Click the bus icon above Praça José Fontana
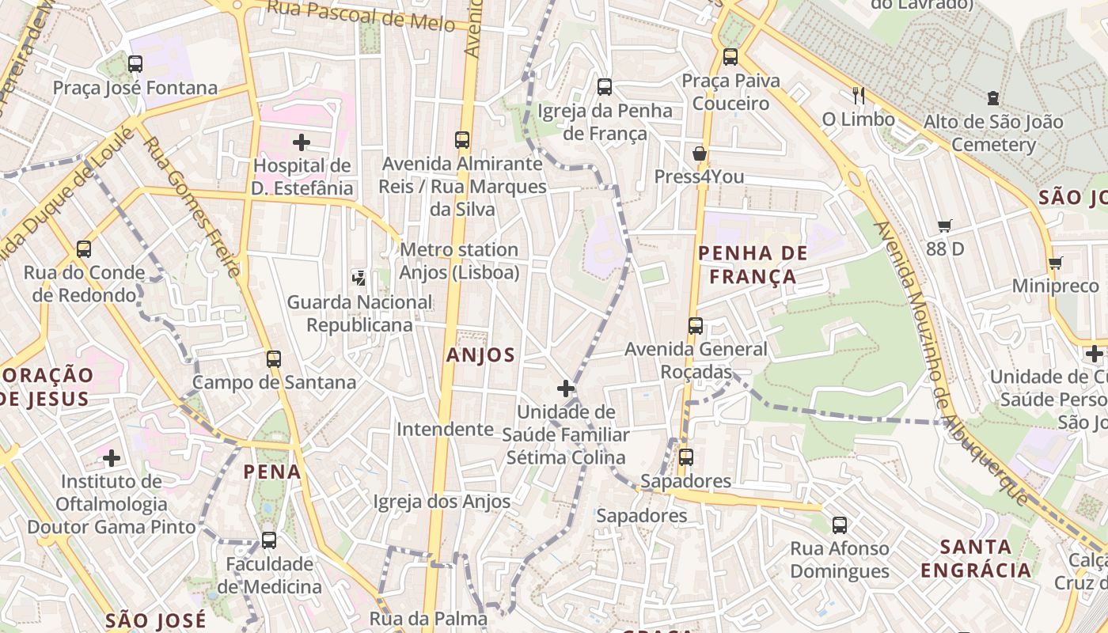click(x=135, y=63)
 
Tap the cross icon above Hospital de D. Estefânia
click(x=302, y=142)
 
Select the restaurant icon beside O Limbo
click(x=859, y=96)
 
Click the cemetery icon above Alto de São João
click(x=993, y=98)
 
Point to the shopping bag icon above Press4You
click(x=699, y=153)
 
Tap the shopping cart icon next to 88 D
click(x=944, y=226)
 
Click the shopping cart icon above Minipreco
click(x=1055, y=263)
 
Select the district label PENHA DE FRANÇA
click(x=753, y=265)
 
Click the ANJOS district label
click(x=480, y=355)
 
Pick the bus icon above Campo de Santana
click(x=274, y=358)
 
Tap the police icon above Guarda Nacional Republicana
click(x=359, y=278)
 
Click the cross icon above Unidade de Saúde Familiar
click(x=566, y=389)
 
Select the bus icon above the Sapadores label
click(x=686, y=457)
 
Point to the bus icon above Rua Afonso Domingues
click(x=840, y=525)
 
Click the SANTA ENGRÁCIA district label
click(x=977, y=558)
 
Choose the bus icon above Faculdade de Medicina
click(x=269, y=540)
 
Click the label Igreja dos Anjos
click(x=442, y=502)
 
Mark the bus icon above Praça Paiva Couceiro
click(x=730, y=57)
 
